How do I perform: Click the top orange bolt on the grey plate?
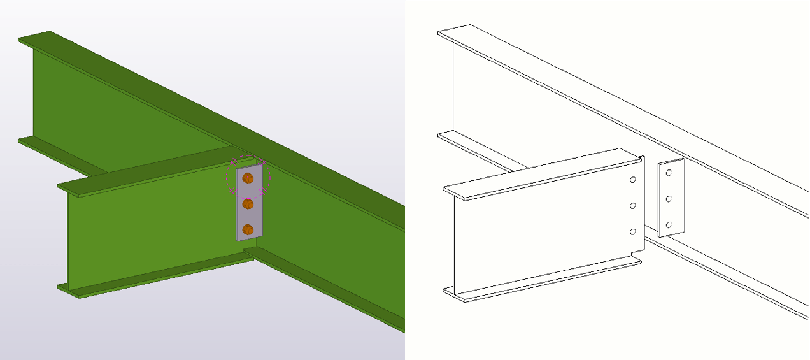coord(248,178)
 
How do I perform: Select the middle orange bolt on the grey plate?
coord(248,204)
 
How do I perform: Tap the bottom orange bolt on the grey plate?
coord(248,229)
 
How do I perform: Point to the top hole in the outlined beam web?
coord(633,180)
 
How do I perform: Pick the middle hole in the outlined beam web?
coord(633,205)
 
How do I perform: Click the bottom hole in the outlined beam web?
coord(633,231)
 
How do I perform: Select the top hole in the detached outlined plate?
coord(669,172)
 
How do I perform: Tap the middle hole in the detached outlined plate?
coord(669,199)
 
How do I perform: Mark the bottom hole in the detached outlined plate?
coord(669,224)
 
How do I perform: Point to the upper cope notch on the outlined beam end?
coord(639,157)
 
